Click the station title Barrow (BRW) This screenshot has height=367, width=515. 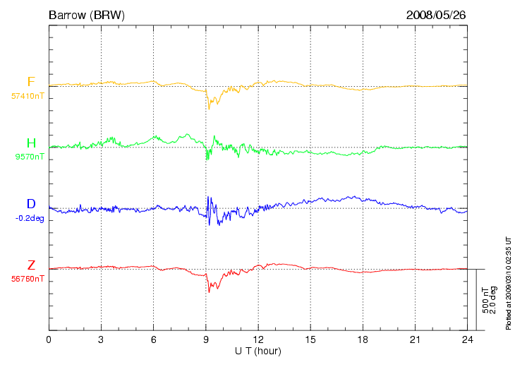point(87,15)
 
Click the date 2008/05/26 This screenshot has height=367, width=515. point(436,15)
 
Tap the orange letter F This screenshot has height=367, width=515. point(31,81)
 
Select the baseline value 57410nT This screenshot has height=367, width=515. point(28,96)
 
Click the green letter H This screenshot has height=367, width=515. point(31,143)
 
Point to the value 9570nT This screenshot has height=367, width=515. point(30,157)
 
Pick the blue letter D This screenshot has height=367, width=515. point(31,204)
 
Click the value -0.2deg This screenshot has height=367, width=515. point(30,218)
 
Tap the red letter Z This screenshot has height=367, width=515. point(31,265)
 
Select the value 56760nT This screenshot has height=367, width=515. point(28,279)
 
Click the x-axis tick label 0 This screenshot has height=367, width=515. point(49,339)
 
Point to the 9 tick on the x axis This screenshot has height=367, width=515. point(206,339)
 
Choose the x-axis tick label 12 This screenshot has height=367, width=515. point(258,339)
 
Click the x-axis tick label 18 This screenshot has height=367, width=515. point(363,339)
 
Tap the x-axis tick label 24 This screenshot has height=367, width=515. point(467,339)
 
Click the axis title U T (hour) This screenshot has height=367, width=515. point(257,351)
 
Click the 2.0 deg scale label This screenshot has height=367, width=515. point(492,300)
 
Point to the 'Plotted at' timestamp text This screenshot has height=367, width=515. point(508,283)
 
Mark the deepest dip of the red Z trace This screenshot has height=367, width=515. point(210,292)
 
